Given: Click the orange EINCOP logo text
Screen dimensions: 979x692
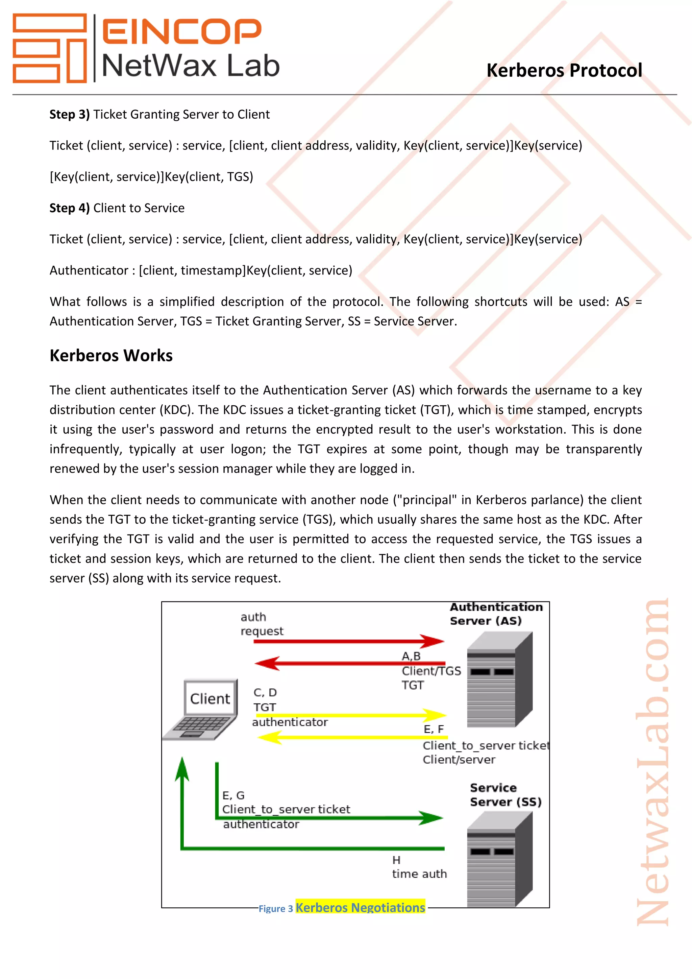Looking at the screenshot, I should click(181, 31).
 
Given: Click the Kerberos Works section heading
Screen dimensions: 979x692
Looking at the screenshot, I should click(111, 356).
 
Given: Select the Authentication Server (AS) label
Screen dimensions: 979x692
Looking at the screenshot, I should click(496, 614).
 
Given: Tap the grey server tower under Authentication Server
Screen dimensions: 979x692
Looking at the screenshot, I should click(499, 680).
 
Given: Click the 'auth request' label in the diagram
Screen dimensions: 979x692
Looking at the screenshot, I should click(261, 624).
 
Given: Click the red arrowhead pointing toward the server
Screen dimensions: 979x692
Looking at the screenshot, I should click(432, 641).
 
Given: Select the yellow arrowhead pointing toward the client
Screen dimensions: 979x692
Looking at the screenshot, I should click(270, 737).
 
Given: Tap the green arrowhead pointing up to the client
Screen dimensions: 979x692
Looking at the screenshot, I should click(182, 770).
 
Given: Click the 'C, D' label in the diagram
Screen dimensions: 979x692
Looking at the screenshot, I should click(265, 692).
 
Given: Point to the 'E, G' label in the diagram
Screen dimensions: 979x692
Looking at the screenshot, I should click(233, 795).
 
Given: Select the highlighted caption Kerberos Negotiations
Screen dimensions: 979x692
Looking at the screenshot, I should click(360, 907).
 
